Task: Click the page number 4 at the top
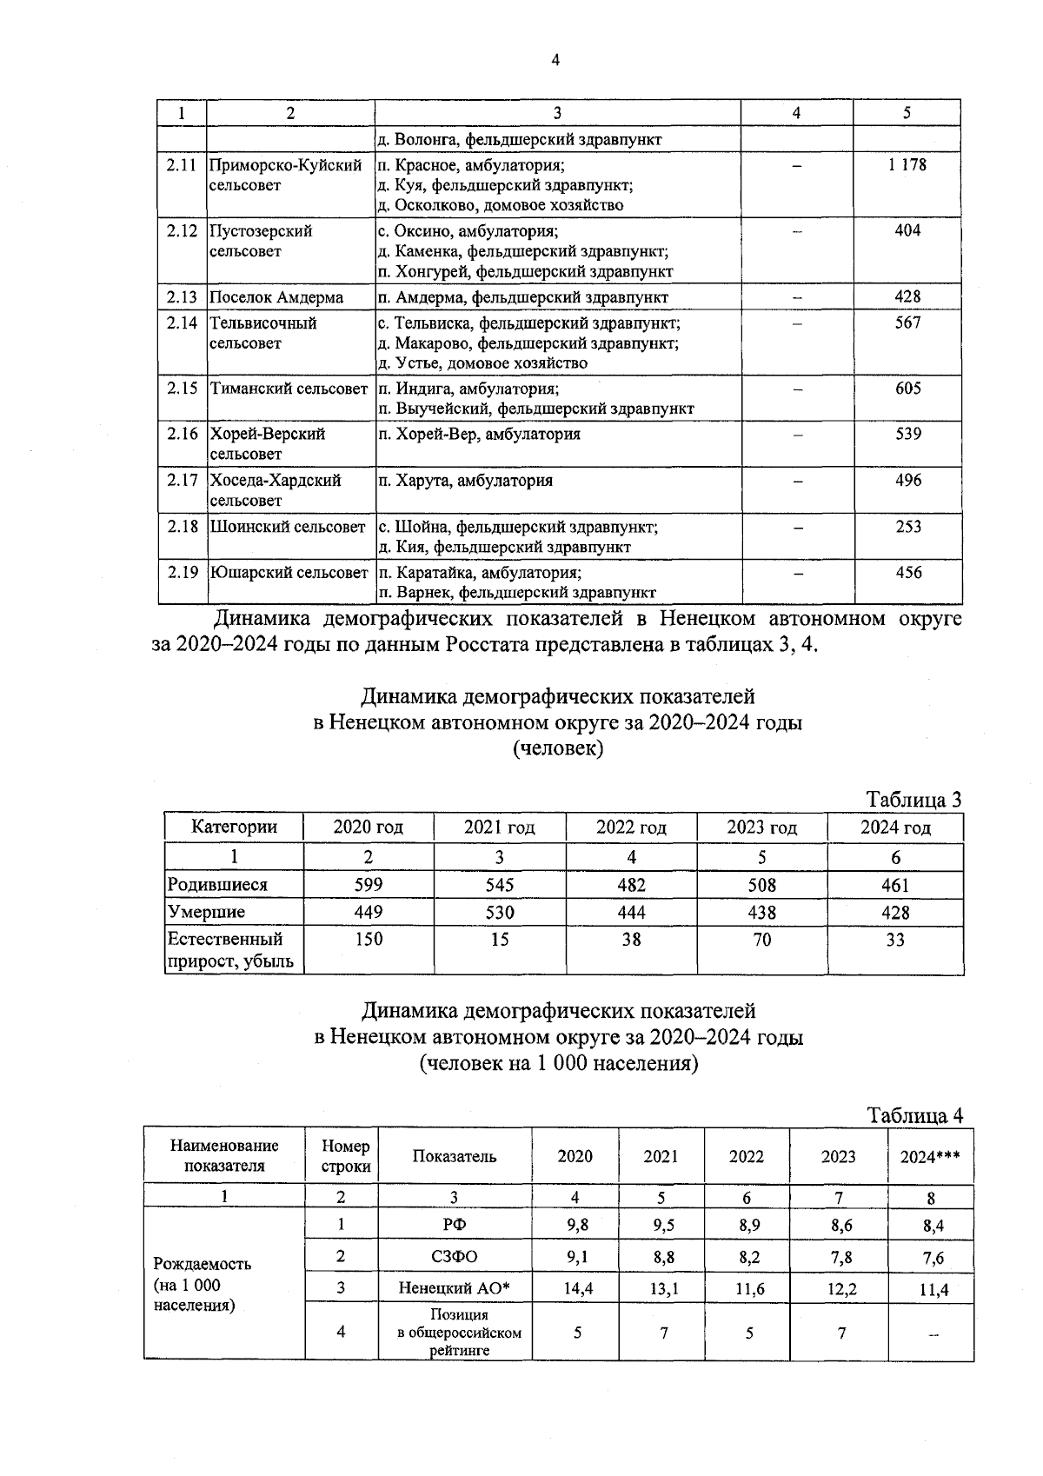click(x=555, y=60)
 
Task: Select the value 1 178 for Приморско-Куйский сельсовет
click(x=907, y=164)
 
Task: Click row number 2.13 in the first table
click(x=183, y=297)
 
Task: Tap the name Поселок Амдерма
click(x=276, y=297)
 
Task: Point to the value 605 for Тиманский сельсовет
click(x=907, y=389)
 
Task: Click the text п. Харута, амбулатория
click(x=466, y=481)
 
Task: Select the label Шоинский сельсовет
click(x=288, y=527)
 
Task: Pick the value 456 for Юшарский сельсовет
click(x=907, y=573)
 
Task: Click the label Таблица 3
click(x=913, y=800)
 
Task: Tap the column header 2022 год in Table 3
click(x=631, y=828)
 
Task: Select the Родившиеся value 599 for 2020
click(x=369, y=885)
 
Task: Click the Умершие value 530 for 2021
click(x=500, y=913)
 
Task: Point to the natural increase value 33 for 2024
click(x=895, y=940)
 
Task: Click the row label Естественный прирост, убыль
click(x=230, y=950)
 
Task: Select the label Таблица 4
click(x=914, y=1115)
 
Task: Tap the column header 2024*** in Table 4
click(x=931, y=1157)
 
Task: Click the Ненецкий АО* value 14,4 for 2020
click(x=578, y=1289)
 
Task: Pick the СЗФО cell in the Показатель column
click(x=454, y=1257)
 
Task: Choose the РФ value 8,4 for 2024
click(x=933, y=1227)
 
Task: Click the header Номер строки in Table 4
click(x=345, y=1157)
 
